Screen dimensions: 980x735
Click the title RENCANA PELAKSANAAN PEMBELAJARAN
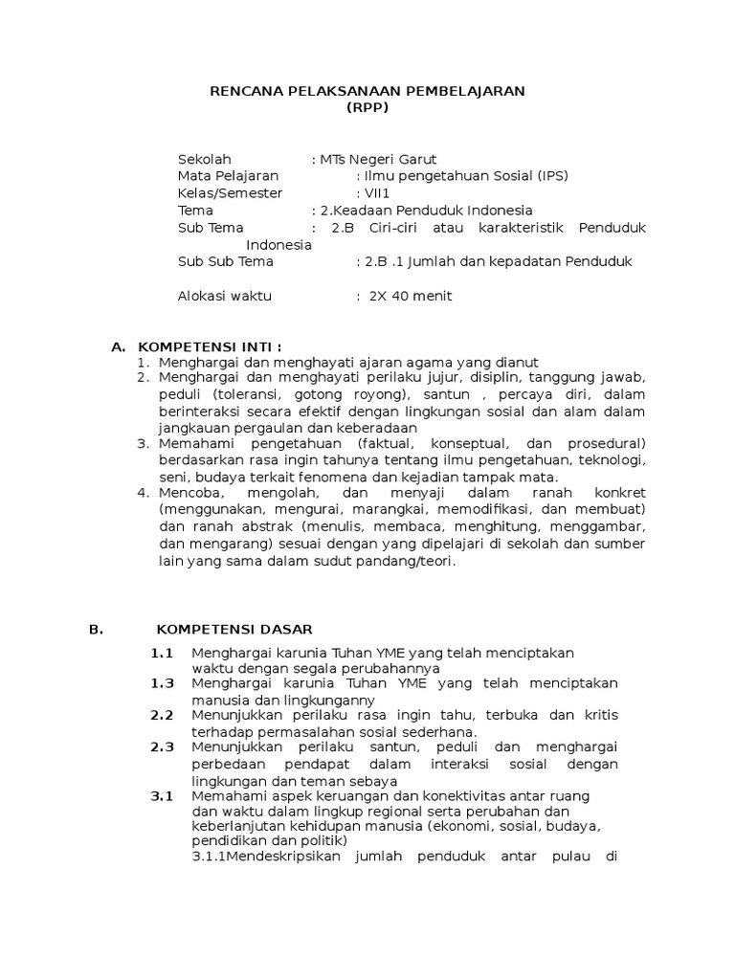(367, 91)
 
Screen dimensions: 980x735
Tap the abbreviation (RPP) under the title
(367, 106)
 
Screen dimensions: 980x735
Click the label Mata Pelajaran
(228, 176)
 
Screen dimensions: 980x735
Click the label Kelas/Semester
(231, 193)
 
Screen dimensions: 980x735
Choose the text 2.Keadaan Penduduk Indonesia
(427, 211)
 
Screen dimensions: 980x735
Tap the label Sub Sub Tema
(226, 261)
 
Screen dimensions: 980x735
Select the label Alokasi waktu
(225, 296)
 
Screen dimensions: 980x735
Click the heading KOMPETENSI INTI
(211, 346)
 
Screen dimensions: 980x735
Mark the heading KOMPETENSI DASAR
(234, 629)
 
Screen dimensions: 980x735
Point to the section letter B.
(95, 629)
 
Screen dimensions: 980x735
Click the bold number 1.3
(162, 683)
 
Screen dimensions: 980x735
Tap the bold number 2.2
(162, 715)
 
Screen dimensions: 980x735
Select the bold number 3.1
(162, 795)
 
